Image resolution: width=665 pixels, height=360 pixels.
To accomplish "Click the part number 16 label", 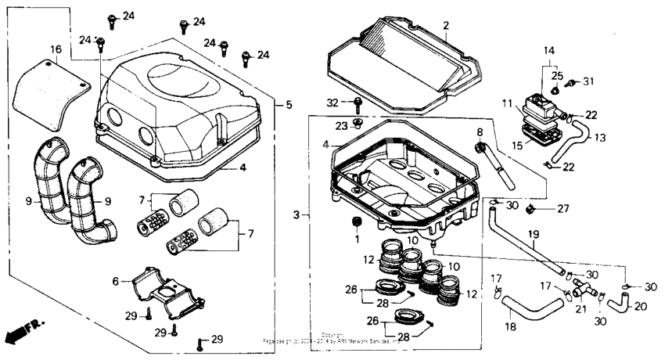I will pyautogui.click(x=55, y=49).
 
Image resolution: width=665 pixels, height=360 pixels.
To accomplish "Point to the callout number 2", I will pyautogui.click(x=445, y=26).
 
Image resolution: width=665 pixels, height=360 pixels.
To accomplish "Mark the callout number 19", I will pyautogui.click(x=534, y=233).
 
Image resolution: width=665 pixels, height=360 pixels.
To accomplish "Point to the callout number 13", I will pyautogui.click(x=601, y=138).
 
